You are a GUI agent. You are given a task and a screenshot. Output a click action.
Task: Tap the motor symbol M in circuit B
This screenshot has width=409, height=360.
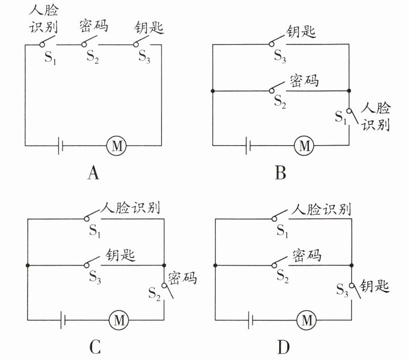[303, 146]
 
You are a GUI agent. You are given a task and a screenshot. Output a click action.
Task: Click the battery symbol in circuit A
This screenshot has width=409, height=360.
[62, 147]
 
